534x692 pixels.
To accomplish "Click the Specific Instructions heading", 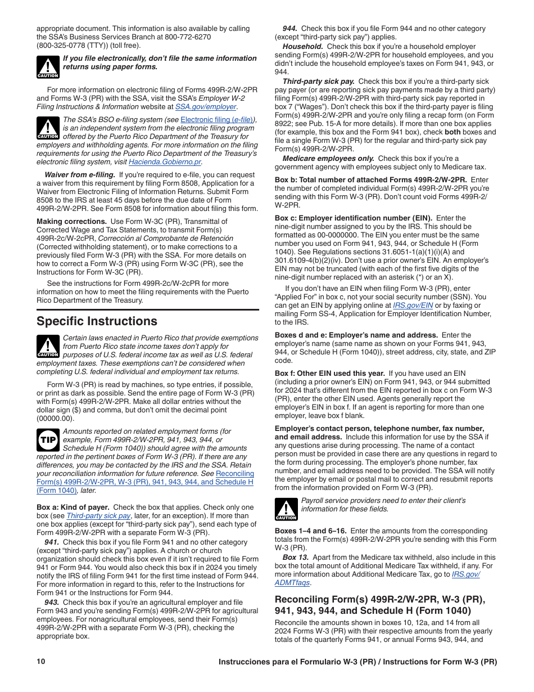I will tap(97, 321).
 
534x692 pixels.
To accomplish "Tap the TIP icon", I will tap(48, 439).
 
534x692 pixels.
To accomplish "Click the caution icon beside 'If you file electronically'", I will tap(48, 67).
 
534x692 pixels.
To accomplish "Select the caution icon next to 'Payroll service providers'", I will tap(286, 509).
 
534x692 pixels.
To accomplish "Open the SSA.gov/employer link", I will tap(206, 106).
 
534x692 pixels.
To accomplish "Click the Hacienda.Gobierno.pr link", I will tap(165, 162).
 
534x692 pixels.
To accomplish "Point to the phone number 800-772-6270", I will tap(188, 37).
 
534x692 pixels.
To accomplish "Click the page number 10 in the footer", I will tap(41, 662).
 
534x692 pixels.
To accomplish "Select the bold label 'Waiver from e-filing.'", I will tap(80, 175).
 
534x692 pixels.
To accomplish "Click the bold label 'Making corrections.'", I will tap(71, 222).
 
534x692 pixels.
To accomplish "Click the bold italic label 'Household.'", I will tap(302, 47).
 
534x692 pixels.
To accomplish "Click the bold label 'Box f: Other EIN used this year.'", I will tap(330, 374).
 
